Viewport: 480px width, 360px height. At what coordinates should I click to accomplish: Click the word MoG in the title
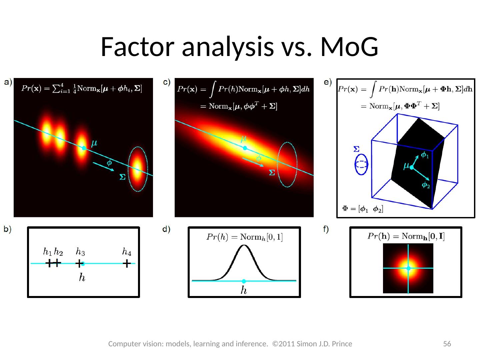pyautogui.click(x=349, y=47)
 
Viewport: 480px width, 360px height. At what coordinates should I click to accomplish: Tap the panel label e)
pyautogui.click(x=328, y=82)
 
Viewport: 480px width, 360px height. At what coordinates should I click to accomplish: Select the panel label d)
pyautogui.click(x=166, y=229)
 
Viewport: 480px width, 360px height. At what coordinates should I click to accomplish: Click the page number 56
pyautogui.click(x=447, y=344)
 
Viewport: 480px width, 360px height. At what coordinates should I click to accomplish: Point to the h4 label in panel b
pyautogui.click(x=127, y=252)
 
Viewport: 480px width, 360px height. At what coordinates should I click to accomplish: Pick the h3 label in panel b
pyautogui.click(x=80, y=252)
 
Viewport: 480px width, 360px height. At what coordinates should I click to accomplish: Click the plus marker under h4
pyautogui.click(x=127, y=264)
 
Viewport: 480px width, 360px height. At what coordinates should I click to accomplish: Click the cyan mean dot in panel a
pyautogui.click(x=84, y=148)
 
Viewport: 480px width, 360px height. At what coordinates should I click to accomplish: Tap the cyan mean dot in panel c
pyautogui.click(x=245, y=148)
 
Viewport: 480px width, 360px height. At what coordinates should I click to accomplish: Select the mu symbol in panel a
pyautogui.click(x=94, y=143)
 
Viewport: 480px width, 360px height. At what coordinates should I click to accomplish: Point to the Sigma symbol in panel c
pyautogui.click(x=272, y=173)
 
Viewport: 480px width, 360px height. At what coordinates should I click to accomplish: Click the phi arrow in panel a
pyautogui.click(x=103, y=166)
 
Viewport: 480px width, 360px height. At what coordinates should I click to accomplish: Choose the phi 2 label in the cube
pyautogui.click(x=426, y=185)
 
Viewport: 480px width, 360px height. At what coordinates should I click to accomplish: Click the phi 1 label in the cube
pyautogui.click(x=425, y=155)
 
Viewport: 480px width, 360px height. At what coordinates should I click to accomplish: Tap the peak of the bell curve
pyautogui.click(x=244, y=246)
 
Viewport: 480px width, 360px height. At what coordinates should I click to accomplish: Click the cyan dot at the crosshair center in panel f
pyautogui.click(x=408, y=268)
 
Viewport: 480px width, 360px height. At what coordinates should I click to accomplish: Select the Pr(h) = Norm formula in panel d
pyautogui.click(x=244, y=237)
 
